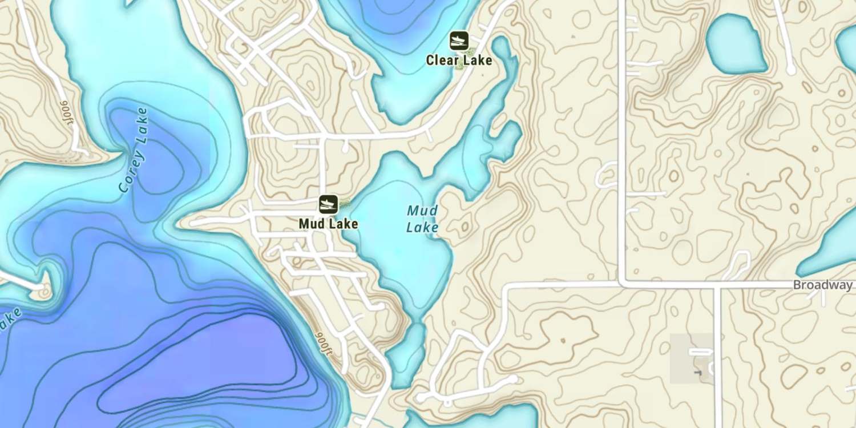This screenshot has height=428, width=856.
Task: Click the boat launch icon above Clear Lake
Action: pyautogui.click(x=459, y=41)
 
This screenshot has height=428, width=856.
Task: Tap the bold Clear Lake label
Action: pyautogui.click(x=459, y=60)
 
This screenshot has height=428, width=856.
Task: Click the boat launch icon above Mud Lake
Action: pyautogui.click(x=328, y=204)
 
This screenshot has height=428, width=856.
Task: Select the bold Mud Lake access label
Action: pyautogui.click(x=328, y=224)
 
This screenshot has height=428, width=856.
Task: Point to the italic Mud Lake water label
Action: pyautogui.click(x=422, y=219)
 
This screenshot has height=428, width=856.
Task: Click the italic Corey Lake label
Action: pyautogui.click(x=134, y=150)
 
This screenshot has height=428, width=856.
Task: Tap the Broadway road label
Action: pyautogui.click(x=823, y=285)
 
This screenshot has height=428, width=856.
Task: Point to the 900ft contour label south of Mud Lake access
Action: pyautogui.click(x=324, y=343)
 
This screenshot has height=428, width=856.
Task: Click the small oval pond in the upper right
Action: pyautogui.click(x=736, y=44)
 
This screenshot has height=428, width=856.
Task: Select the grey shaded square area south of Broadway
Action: pyautogui.click(x=692, y=358)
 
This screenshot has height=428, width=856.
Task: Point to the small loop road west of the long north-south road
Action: pyautogui.click(x=607, y=175)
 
